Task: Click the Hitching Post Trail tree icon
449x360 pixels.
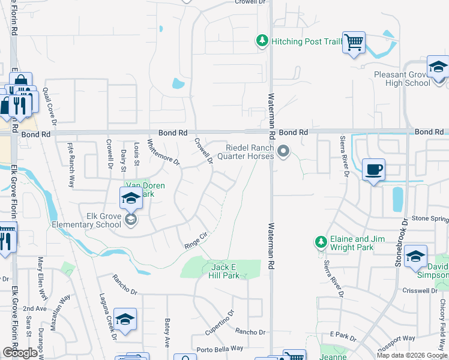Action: click(x=262, y=41)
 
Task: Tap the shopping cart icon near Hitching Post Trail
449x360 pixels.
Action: click(x=354, y=42)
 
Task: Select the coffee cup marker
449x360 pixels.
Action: click(x=373, y=170)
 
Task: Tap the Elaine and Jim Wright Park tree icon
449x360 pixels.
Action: click(x=321, y=242)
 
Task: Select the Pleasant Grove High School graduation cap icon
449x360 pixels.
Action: click(x=438, y=67)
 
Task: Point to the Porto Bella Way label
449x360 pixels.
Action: click(x=220, y=349)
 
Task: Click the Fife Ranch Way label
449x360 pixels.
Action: click(x=71, y=157)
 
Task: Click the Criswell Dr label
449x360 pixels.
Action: click(x=421, y=290)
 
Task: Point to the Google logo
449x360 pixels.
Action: click(x=20, y=353)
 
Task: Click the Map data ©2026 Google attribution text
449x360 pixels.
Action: click(x=411, y=355)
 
